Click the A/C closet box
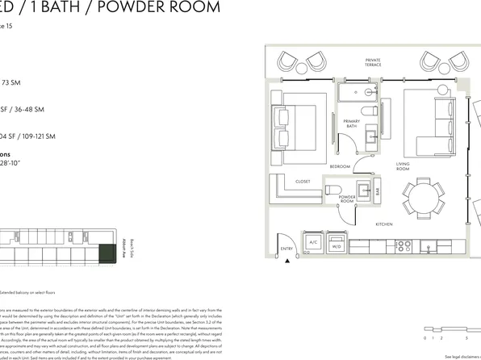click(313, 242)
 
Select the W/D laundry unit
click(336, 242)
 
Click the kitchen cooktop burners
click(403, 244)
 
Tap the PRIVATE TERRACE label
click(373, 62)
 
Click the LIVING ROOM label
click(403, 166)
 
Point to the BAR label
click(376, 191)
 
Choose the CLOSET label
click(303, 182)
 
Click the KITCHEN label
click(383, 224)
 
